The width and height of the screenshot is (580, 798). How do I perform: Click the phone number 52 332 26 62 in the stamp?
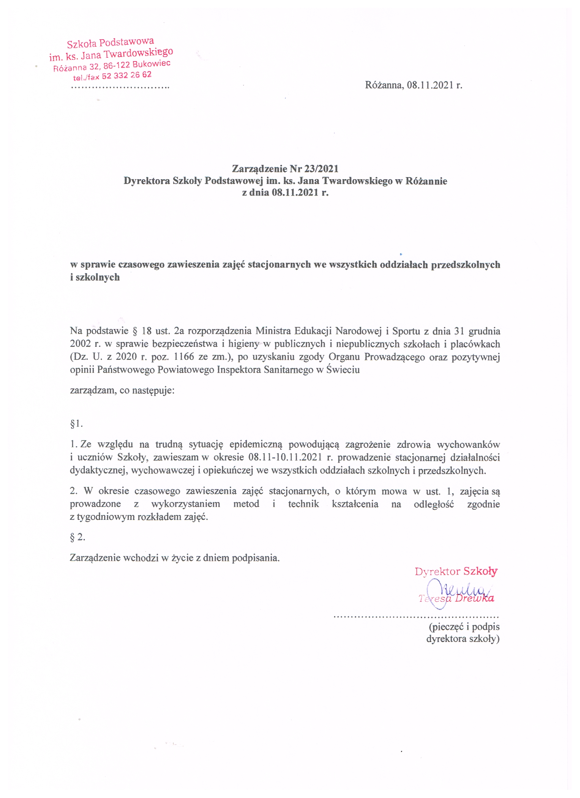(x=127, y=76)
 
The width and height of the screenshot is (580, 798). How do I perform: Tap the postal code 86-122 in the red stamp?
(x=117, y=66)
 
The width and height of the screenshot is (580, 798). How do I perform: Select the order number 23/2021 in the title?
(x=321, y=169)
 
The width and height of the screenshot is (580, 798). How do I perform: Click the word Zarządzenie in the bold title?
(x=260, y=169)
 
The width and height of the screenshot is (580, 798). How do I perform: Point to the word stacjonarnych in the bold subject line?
(x=279, y=265)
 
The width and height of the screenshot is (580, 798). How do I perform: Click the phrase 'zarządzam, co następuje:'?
(x=122, y=390)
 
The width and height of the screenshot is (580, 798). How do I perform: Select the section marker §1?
(x=76, y=424)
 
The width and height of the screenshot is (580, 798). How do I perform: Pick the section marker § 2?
(x=77, y=537)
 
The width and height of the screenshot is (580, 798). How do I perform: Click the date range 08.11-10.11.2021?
(x=285, y=457)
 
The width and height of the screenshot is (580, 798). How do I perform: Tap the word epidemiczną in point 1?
(x=256, y=445)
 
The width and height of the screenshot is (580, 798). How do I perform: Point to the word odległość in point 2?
(x=433, y=504)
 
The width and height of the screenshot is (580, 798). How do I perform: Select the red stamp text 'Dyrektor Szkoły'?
(x=456, y=571)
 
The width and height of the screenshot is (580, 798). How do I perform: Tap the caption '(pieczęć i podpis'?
(x=464, y=627)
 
